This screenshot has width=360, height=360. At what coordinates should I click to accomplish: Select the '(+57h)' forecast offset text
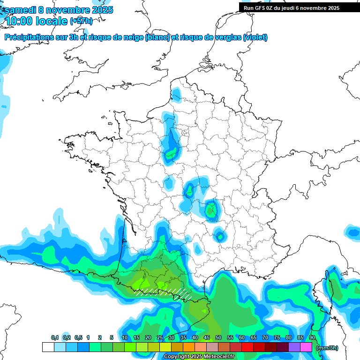click(x=81, y=21)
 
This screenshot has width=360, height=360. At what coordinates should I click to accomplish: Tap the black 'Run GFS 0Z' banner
click(x=292, y=7)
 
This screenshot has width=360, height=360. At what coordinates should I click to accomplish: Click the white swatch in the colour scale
click(x=48, y=347)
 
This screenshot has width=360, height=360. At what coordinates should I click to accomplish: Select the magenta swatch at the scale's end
click(x=306, y=347)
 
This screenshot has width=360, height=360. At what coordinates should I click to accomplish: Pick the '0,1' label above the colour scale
click(x=55, y=337)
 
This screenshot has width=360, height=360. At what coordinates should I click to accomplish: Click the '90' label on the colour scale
click(x=312, y=337)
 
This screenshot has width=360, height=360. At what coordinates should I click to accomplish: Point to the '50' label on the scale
click(x=218, y=337)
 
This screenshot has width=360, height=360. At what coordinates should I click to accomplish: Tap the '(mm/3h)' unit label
click(x=327, y=347)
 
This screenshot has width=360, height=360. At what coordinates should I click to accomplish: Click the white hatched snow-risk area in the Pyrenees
click(x=164, y=293)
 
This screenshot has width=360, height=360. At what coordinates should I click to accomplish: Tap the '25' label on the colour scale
click(x=160, y=337)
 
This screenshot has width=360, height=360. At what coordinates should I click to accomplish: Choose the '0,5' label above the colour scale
click(x=78, y=337)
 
